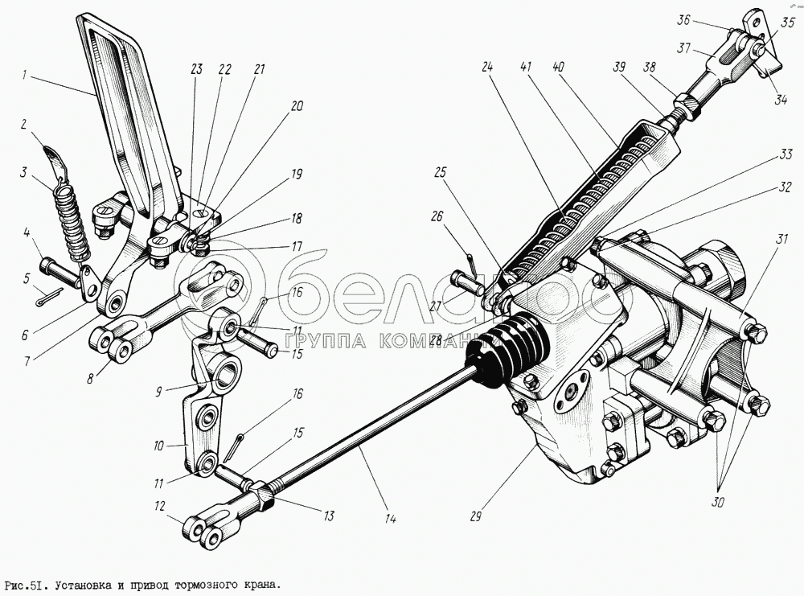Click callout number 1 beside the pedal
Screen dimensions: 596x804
pyautogui.click(x=26, y=76)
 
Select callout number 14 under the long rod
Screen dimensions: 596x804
pyautogui.click(x=389, y=519)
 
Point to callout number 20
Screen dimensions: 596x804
pyautogui.click(x=297, y=105)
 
